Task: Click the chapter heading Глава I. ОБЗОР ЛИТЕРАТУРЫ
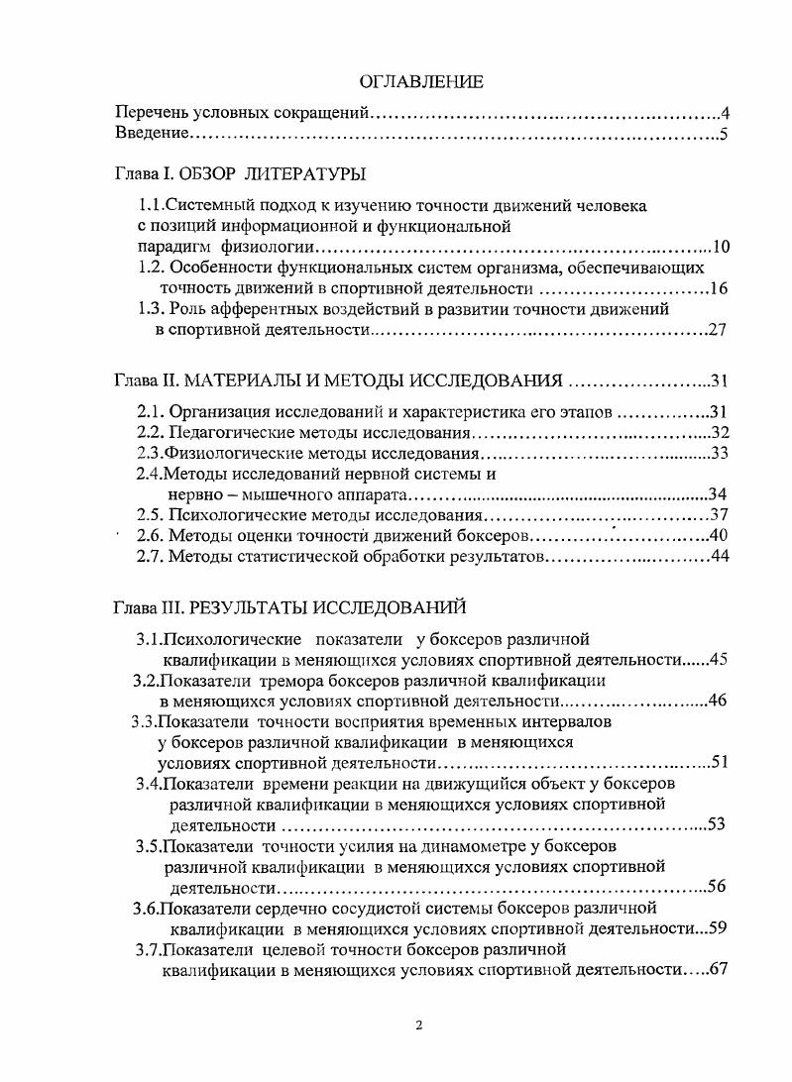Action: pos(240,174)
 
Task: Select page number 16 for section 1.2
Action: pos(719,288)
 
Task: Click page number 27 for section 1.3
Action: pos(719,330)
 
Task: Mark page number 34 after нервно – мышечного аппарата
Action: pos(719,494)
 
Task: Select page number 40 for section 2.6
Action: pos(719,536)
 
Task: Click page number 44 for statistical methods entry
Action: pos(719,557)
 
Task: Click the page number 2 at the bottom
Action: pos(419,1025)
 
